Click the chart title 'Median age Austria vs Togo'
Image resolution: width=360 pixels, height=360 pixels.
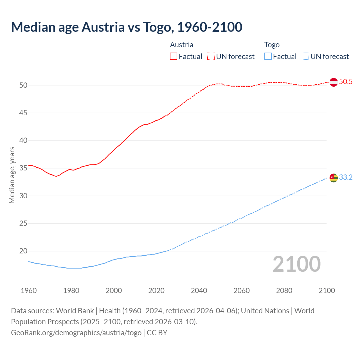127,27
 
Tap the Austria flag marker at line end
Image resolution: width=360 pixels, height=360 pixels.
334,82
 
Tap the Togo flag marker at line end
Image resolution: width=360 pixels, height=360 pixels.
334,178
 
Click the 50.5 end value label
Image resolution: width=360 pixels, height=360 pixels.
346,82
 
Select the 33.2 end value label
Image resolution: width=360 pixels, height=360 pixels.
346,177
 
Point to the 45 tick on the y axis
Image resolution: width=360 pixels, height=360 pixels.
23,113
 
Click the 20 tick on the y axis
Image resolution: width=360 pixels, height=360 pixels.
23,251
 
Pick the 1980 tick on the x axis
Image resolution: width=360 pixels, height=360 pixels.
71,291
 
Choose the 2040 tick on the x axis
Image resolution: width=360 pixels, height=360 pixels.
199,291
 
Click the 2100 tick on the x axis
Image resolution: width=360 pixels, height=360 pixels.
327,291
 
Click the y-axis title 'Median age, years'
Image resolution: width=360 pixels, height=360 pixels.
12,175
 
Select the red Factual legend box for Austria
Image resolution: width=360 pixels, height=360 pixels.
174,57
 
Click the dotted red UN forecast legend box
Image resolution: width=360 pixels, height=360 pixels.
211,57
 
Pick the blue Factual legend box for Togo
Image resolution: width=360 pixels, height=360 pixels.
268,57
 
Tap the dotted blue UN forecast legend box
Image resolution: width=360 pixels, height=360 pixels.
305,57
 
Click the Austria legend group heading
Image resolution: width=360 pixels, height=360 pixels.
182,45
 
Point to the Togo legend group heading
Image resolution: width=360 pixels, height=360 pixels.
272,45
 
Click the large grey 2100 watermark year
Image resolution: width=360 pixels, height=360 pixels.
296,264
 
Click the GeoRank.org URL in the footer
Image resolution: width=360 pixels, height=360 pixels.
76,333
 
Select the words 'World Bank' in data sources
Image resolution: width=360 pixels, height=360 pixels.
75,311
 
